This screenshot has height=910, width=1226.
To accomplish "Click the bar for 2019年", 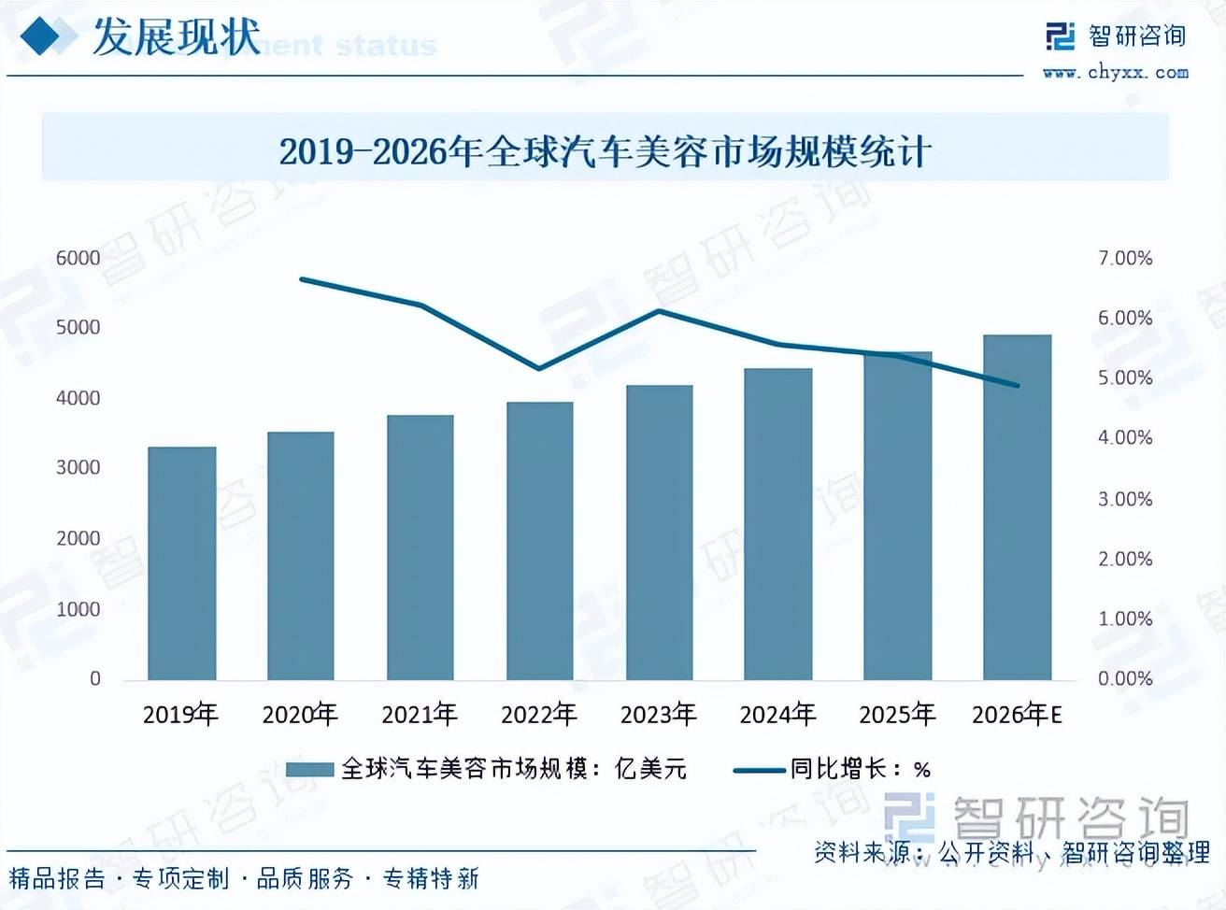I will (181, 562).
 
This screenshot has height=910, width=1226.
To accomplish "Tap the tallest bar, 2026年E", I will (1017, 506).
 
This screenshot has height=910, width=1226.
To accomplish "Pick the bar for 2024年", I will (777, 523).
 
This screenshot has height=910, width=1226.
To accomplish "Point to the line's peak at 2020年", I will (302, 278).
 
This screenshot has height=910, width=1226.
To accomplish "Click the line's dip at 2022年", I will (539, 368).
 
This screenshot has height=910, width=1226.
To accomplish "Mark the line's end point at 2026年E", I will (1017, 385).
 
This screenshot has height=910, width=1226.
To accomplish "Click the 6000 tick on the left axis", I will (78, 258).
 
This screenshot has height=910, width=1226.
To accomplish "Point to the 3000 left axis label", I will (78, 467).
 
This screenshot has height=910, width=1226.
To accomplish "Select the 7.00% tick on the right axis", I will (1125, 258).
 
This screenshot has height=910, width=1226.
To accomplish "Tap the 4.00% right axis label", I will (1125, 437).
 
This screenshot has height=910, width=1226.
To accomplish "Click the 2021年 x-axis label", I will (419, 715).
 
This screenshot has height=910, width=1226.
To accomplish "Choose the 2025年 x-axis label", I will (897, 715).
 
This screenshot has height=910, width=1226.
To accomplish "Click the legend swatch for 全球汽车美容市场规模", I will (309, 769).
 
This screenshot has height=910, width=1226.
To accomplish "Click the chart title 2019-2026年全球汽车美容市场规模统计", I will (605, 151).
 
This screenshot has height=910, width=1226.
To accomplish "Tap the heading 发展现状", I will (176, 37).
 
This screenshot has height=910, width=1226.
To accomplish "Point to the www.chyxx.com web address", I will (1116, 73).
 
